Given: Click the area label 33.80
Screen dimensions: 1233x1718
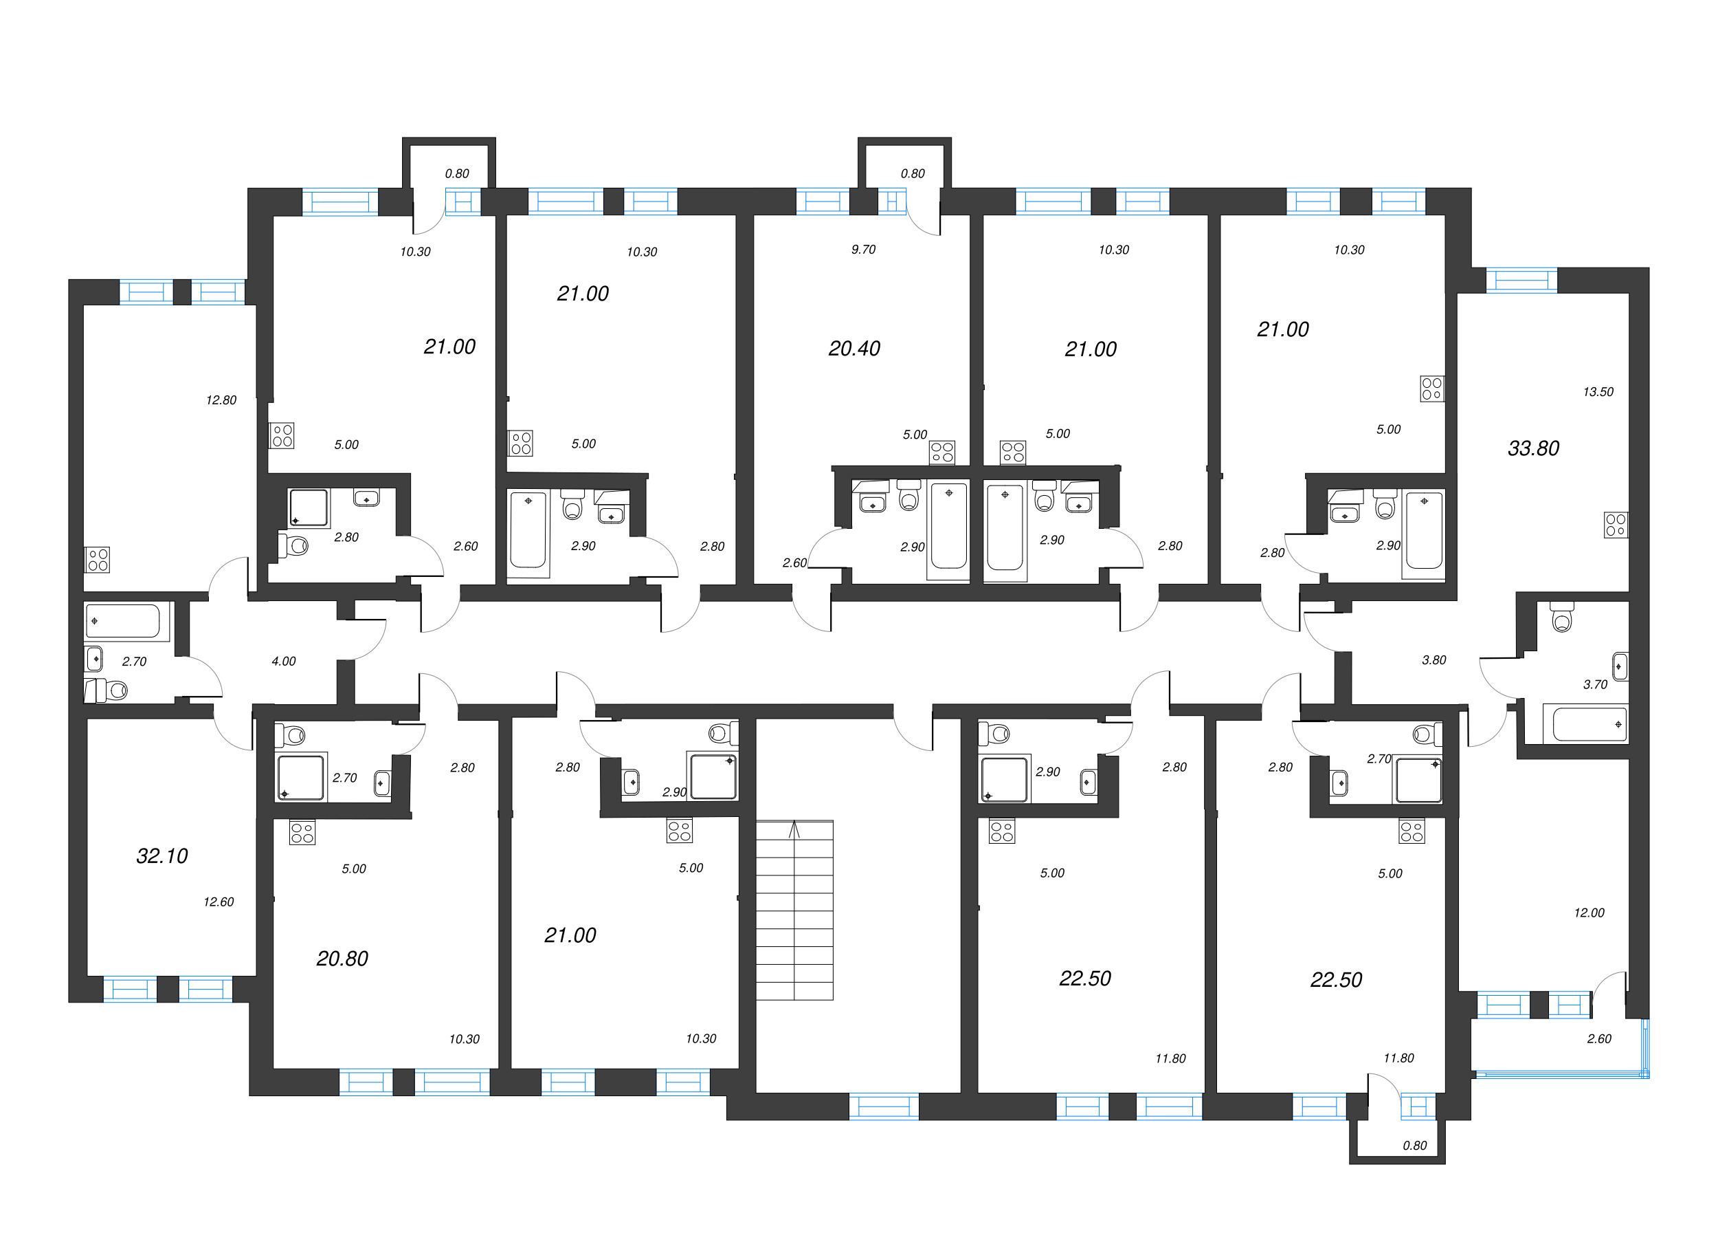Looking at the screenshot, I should click(1533, 448).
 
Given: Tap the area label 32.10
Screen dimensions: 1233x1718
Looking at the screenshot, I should click(162, 856).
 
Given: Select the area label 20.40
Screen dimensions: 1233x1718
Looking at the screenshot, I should click(854, 349).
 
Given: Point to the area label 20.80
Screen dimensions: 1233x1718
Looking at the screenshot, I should click(342, 959).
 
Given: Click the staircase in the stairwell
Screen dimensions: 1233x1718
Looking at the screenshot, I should click(794, 909).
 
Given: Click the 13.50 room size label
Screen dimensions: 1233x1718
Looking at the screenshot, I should click(1598, 392).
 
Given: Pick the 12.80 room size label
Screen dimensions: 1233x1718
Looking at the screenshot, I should click(221, 400).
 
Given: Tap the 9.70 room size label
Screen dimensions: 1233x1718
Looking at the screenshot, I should click(863, 250).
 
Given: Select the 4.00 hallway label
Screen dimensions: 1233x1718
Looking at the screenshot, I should click(283, 662).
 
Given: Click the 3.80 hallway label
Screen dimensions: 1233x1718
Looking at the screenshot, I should click(1433, 660).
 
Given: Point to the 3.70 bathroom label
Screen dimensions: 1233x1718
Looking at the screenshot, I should click(1594, 684).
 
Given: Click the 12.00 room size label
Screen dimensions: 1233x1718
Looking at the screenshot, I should click(1589, 913).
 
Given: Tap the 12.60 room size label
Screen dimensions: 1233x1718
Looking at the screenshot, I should click(218, 902).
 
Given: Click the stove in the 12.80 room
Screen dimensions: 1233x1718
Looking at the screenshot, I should click(98, 560).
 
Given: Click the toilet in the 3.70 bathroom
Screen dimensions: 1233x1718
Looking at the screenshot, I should click(1561, 618).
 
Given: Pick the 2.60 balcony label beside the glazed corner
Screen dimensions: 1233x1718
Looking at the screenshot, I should click(1598, 1039).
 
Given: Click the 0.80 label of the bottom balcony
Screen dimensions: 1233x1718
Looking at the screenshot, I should click(1414, 1146).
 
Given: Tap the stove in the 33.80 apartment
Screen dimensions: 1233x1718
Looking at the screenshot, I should click(1615, 525).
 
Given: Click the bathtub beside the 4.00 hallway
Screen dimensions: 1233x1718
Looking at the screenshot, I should click(123, 621).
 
